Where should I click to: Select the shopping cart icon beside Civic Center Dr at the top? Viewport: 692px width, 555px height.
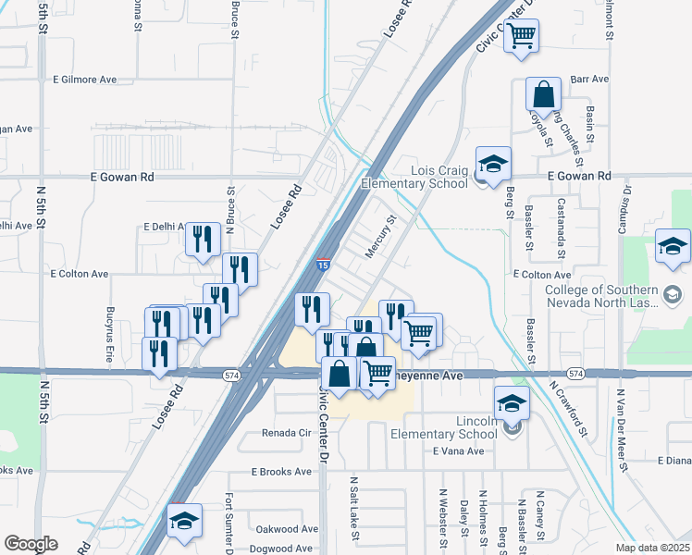pos(522,37)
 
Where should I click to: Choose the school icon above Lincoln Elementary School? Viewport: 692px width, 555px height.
pos(512,404)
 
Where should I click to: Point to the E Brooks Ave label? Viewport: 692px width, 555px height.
pos(281,472)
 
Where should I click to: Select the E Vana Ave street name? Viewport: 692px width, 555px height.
pos(459,451)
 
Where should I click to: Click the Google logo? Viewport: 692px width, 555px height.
pos(31,544)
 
